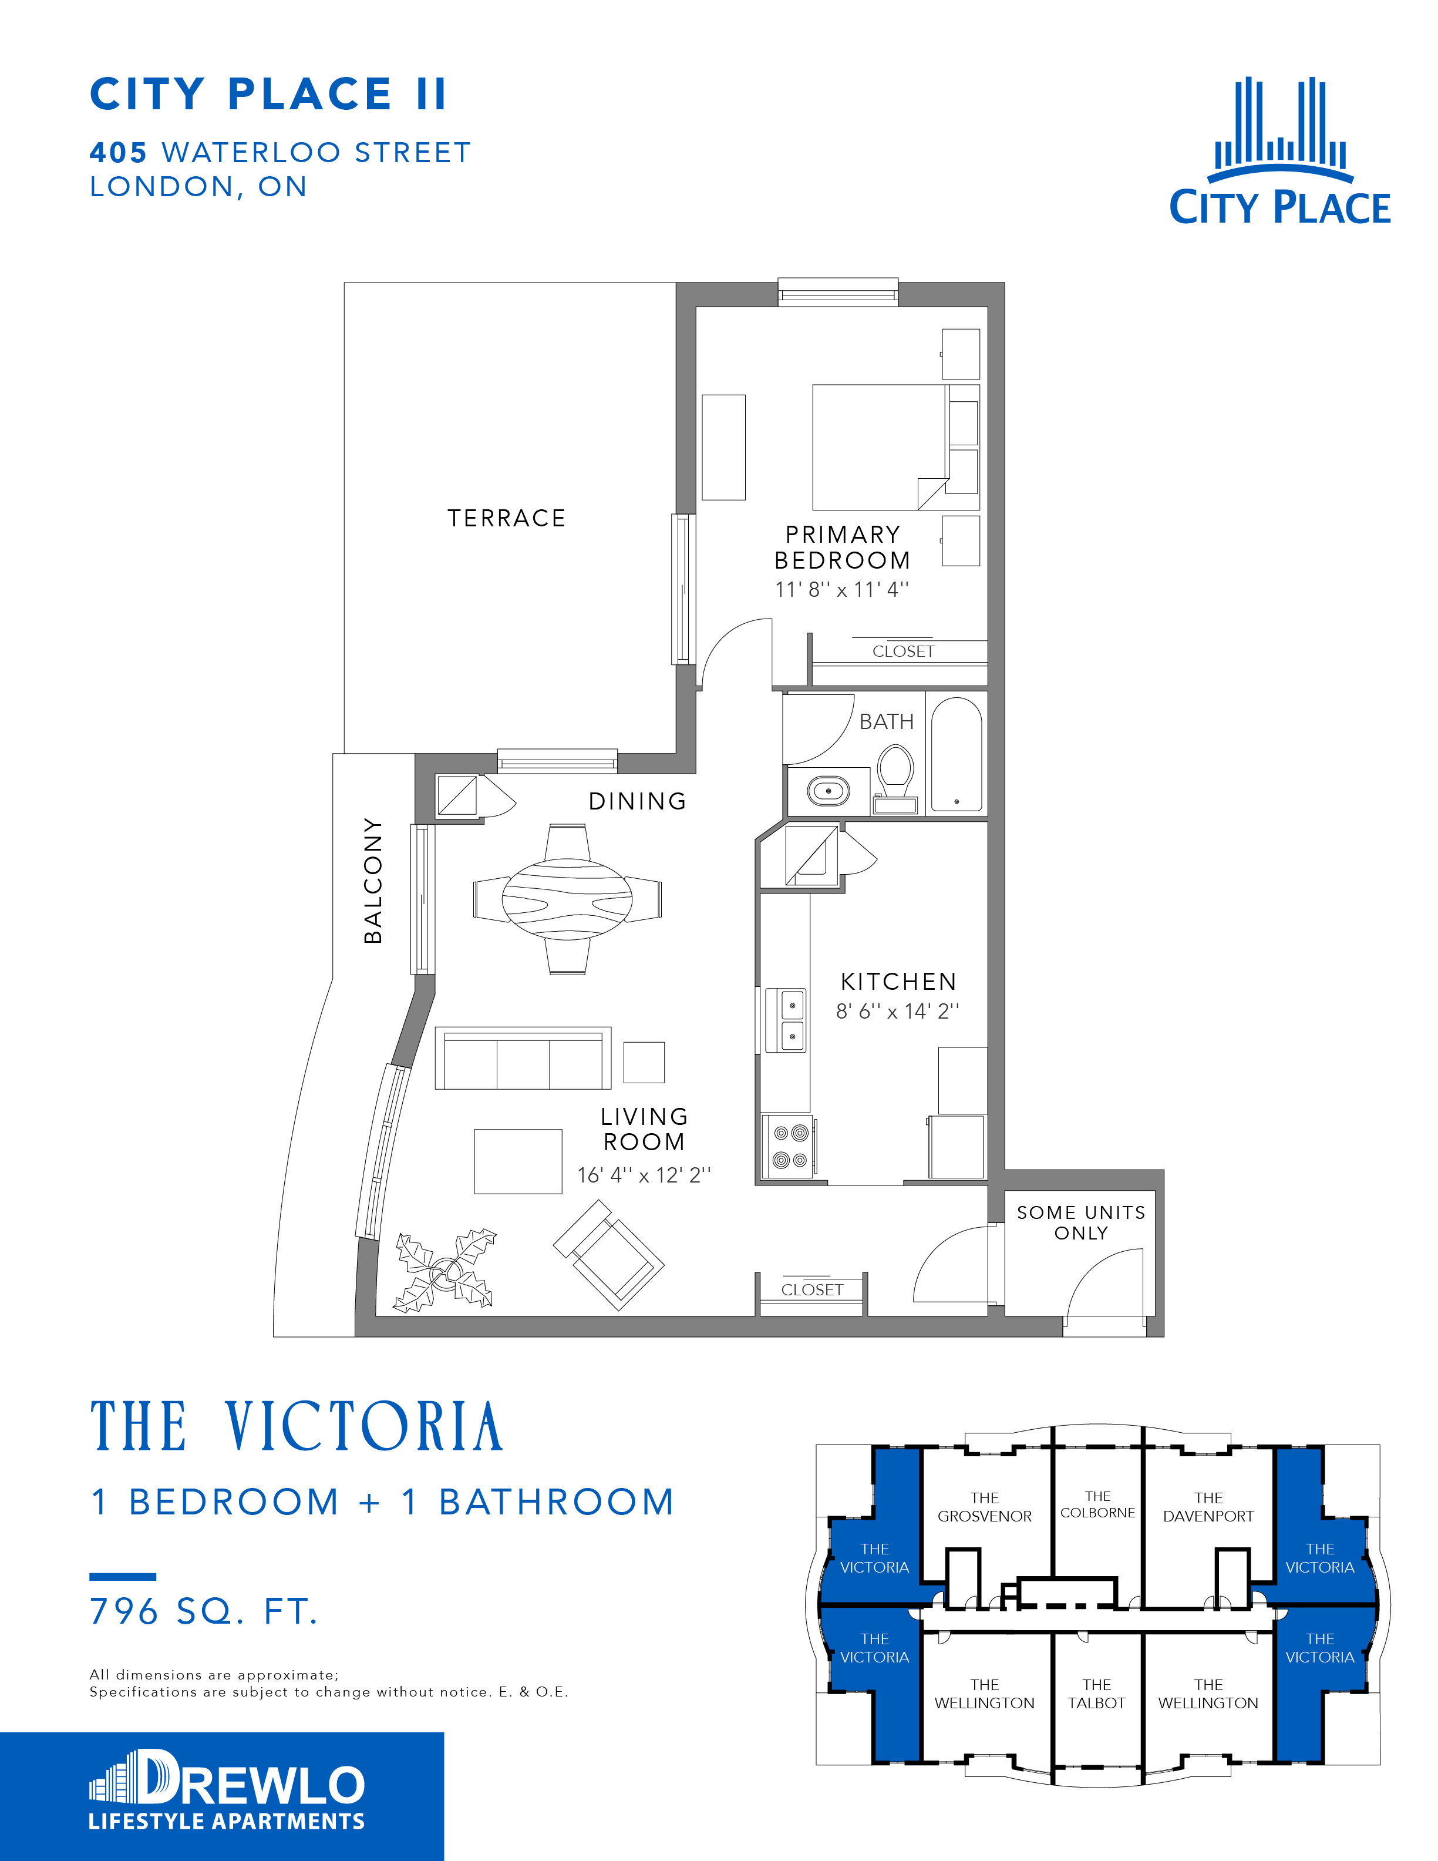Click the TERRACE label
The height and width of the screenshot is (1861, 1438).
507,518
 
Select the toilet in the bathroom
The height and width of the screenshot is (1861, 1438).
895,779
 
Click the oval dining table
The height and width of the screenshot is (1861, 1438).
567,898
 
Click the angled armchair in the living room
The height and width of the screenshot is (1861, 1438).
608,1254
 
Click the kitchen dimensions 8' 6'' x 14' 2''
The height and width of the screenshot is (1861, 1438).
898,1012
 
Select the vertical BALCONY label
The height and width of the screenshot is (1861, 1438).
372,880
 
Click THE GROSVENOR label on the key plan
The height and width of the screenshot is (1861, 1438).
985,1507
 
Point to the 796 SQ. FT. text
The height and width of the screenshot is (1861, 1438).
204,1611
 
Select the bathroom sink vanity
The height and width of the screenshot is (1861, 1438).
828,791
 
